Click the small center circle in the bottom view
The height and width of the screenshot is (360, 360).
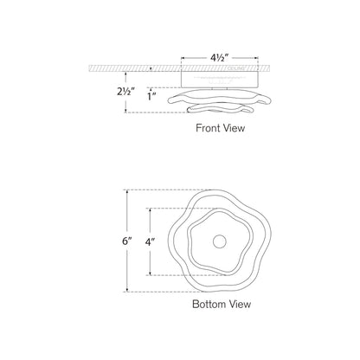point(220,241)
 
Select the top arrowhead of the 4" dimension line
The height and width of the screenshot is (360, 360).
point(153,210)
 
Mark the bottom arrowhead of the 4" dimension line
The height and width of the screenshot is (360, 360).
point(153,274)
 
